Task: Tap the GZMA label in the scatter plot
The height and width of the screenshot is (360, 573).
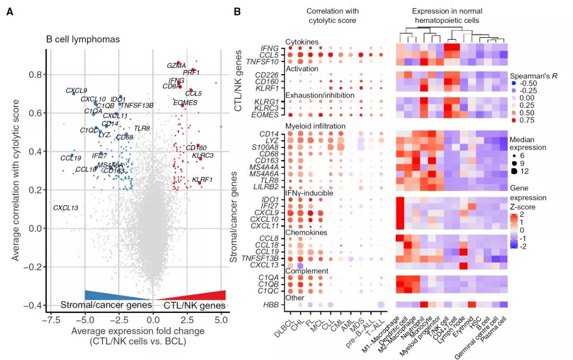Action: pos(176,66)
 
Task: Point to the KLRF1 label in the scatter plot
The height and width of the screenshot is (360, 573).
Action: pos(202,180)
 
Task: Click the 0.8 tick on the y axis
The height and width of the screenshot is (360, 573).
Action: pos(36,75)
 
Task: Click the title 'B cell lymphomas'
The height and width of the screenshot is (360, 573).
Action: pos(83,39)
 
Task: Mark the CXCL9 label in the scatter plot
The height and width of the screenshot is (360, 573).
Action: pos(76,90)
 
